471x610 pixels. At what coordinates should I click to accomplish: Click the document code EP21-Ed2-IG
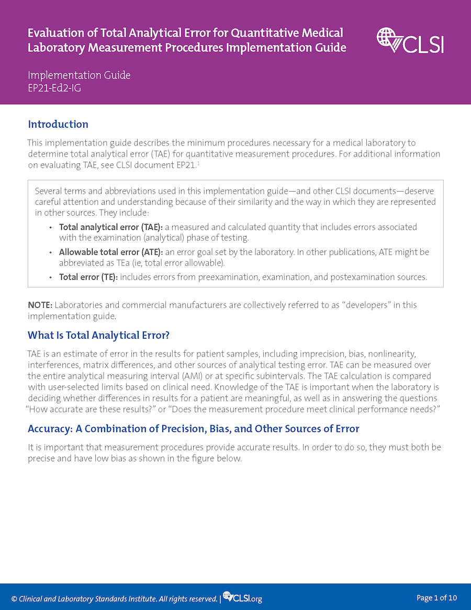point(54,88)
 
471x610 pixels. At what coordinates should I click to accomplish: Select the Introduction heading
point(58,124)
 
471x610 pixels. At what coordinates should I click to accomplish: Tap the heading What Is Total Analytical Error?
point(98,335)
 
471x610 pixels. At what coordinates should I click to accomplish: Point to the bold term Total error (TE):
point(88,277)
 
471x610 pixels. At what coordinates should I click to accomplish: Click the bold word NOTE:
point(40,305)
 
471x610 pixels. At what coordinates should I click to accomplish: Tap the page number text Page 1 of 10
point(437,597)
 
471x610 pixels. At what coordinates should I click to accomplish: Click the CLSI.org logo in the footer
point(242,597)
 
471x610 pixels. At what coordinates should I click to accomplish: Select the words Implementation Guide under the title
point(79,75)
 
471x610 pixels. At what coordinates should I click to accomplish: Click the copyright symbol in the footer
point(14,598)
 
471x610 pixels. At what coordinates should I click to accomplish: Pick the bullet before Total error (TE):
point(50,278)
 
